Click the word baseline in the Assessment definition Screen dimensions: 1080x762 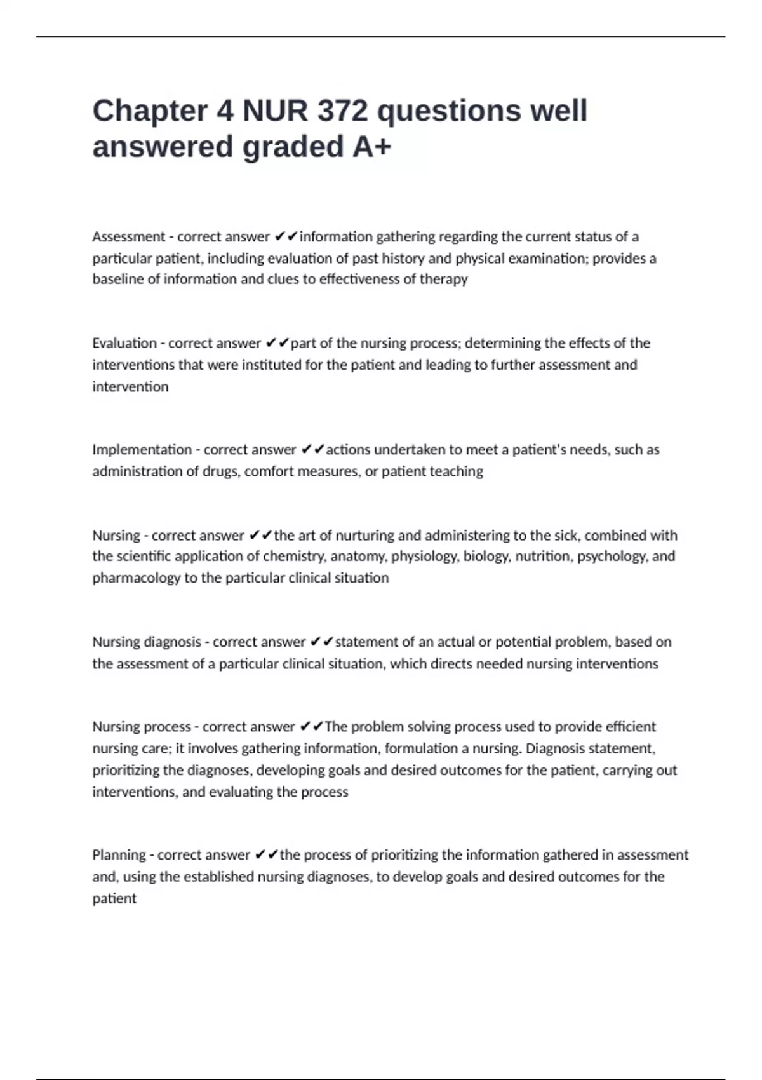point(118,279)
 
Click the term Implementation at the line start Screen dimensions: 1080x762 point(142,450)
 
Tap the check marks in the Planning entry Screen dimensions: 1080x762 point(266,855)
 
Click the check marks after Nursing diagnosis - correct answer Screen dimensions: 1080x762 point(321,642)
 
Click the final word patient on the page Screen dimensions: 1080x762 point(114,898)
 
